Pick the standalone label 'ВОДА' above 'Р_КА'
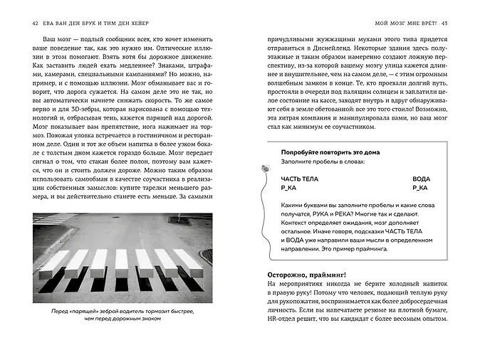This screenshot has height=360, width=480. point(422,179)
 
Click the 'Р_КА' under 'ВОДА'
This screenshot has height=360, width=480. point(419,189)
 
